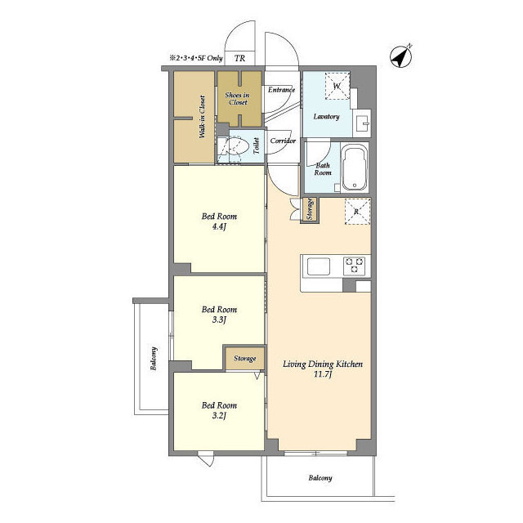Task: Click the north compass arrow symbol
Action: (400, 56)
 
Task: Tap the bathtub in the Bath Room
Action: (354, 168)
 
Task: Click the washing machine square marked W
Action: (336, 86)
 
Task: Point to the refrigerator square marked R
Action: (356, 211)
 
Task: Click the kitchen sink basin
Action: (318, 266)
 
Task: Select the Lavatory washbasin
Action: (363, 125)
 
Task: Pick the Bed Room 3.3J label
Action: (219, 315)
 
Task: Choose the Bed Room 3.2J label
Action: (219, 410)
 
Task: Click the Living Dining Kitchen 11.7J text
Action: (322, 369)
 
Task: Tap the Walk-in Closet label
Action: (202, 118)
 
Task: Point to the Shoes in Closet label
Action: (237, 99)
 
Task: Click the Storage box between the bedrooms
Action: (244, 358)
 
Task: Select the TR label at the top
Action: (239, 59)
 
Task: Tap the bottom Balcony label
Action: (320, 478)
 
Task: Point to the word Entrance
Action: (281, 89)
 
